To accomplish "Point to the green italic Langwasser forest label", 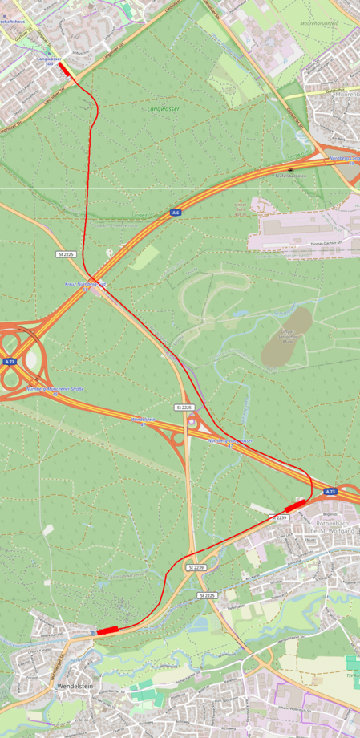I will pos(163,107).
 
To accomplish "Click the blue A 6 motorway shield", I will pos(176,213).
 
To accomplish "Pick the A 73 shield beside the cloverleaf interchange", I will pos(10,362).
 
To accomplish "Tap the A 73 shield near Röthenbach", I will pos(330,491).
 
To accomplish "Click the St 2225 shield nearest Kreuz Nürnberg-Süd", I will pos(66,253).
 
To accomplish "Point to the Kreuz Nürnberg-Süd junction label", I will pos(84,285).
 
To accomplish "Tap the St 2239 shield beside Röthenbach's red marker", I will pos(280,518).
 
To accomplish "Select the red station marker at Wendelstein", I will pos(107,631).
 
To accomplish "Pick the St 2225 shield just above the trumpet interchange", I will pos(184,408).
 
